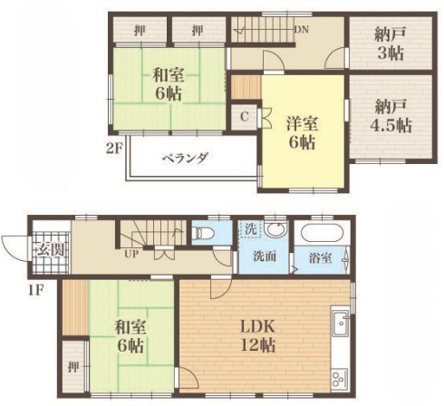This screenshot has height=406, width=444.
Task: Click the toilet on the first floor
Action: coord(203,233)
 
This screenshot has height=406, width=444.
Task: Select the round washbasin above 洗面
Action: coord(275,229)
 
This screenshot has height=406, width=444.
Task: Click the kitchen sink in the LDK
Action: coord(342,323)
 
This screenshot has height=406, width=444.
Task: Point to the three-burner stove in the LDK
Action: coord(340,379)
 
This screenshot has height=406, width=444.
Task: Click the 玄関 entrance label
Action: coord(51,250)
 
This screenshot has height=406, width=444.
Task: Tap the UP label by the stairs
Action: coord(131,254)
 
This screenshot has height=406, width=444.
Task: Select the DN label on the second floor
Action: coord(302,29)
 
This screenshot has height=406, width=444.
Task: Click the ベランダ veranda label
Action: coord(185,158)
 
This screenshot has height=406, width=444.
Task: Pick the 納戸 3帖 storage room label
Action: coord(390,44)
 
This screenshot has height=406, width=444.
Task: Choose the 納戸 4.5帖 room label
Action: coord(391,117)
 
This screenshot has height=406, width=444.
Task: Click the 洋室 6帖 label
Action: coord(303,133)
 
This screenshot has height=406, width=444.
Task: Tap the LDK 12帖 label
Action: coord(257,335)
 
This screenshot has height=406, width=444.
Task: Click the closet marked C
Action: coord(245,117)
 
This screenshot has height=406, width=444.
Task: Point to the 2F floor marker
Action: coord(113,149)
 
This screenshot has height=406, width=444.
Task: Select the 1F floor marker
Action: coord(36,291)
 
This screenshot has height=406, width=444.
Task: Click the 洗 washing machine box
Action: coord(250,229)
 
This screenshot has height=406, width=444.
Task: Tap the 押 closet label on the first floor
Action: coord(73,366)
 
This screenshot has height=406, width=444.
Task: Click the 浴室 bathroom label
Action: coord(320,258)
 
